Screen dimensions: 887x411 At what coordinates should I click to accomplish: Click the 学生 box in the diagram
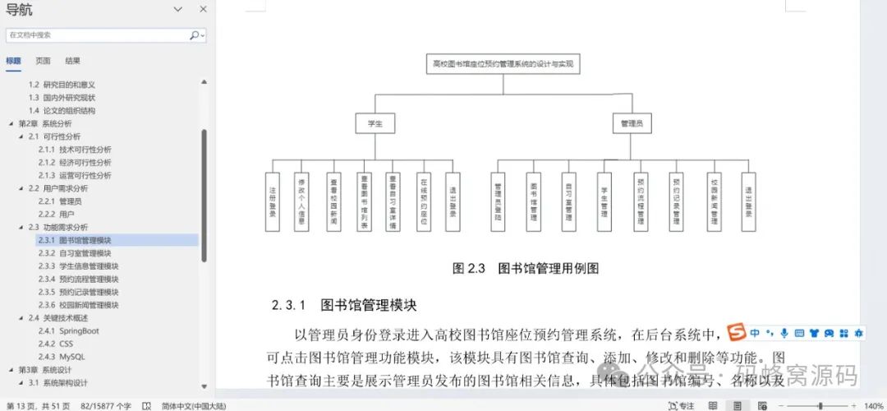pyautogui.click(x=375, y=123)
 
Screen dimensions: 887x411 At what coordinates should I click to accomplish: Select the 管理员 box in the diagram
pyautogui.click(x=632, y=123)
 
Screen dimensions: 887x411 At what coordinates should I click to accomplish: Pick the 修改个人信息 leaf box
pyautogui.click(x=301, y=201)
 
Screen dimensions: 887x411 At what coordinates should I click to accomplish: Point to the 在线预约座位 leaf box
pyautogui.click(x=423, y=201)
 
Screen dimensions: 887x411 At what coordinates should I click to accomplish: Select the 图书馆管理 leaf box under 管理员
pyautogui.click(x=533, y=201)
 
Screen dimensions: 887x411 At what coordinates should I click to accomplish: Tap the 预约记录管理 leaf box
pyautogui.click(x=677, y=201)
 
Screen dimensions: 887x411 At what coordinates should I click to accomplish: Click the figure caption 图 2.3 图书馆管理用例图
pyautogui.click(x=526, y=268)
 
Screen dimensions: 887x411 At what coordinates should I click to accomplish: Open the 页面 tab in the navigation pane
pyautogui.click(x=43, y=61)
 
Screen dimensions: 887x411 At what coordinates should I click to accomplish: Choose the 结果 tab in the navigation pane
pyautogui.click(x=73, y=61)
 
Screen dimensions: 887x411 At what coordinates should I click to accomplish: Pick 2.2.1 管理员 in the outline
pyautogui.click(x=60, y=201)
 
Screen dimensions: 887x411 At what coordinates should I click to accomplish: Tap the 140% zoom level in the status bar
pyautogui.click(x=872, y=405)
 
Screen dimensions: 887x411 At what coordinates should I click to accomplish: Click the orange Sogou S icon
pyautogui.click(x=737, y=333)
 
